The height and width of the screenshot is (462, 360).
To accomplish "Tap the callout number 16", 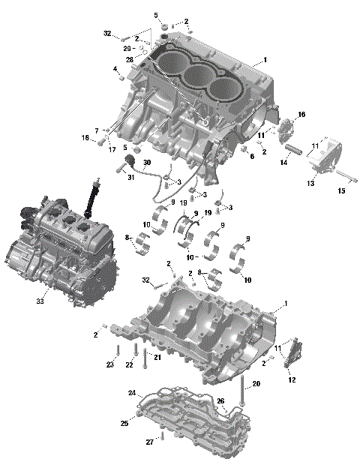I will click(301, 115).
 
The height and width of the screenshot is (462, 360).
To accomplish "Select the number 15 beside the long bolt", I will click(342, 191).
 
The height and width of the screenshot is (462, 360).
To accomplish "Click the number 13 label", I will click(310, 183).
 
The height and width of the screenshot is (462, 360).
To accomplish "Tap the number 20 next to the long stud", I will click(256, 383).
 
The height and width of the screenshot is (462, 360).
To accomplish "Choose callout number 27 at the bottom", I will click(149, 441).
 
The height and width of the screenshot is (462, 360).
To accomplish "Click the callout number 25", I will click(124, 424).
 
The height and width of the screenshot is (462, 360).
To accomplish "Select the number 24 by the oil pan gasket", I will click(132, 393).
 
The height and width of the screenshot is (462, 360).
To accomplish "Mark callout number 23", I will click(109, 365).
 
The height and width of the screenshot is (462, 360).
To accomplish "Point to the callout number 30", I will click(147, 163).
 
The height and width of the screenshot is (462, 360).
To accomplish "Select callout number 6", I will click(252, 156).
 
